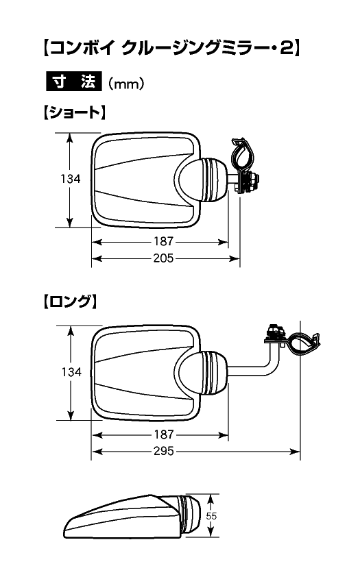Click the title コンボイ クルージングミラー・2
click(x=172, y=48)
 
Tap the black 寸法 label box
click(x=73, y=81)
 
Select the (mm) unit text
click(x=126, y=84)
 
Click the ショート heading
click(x=75, y=112)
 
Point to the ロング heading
click(x=71, y=302)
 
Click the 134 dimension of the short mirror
click(x=71, y=179)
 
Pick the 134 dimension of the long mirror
click(x=71, y=372)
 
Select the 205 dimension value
click(x=163, y=258)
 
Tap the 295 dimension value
click(x=164, y=451)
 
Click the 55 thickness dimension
click(x=211, y=516)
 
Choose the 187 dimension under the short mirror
click(x=163, y=241)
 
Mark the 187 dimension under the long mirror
click(x=164, y=434)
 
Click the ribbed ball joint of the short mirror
click(x=213, y=180)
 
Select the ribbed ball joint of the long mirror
click(x=214, y=373)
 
